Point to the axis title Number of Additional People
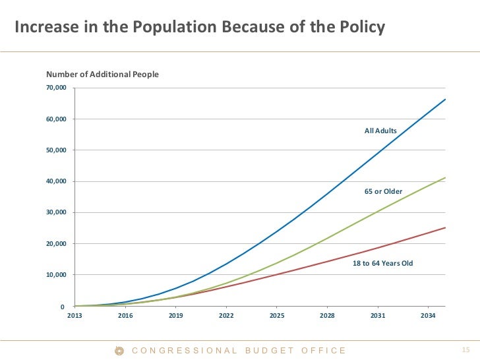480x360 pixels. click(x=102, y=75)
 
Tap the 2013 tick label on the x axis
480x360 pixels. click(x=75, y=316)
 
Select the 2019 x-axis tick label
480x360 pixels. click(x=175, y=316)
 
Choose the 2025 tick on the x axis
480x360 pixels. click(x=276, y=316)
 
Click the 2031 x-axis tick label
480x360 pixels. click(x=377, y=316)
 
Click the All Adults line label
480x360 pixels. click(x=380, y=131)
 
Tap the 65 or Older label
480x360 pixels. click(x=383, y=191)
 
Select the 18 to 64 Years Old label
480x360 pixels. click(x=382, y=263)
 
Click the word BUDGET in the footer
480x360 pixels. click(x=269, y=351)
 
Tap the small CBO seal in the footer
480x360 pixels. click(x=119, y=351)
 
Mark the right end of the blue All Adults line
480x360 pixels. click(x=446, y=100)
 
